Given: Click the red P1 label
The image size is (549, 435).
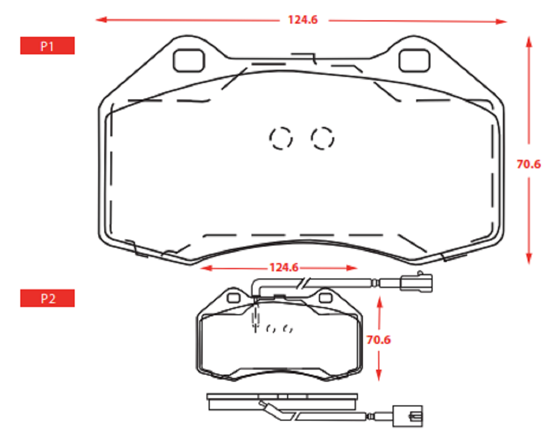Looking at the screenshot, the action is (x=47, y=46).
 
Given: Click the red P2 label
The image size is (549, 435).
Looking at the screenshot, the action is (x=47, y=298).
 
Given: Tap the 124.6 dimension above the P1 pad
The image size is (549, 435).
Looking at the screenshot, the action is (x=303, y=20).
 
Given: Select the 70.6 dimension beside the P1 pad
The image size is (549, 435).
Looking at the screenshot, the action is (x=529, y=164).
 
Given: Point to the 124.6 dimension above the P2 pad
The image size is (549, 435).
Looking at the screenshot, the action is (x=284, y=267).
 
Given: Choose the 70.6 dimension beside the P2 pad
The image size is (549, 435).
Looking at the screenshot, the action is (x=378, y=339).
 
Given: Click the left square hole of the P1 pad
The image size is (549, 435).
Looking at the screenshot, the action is (x=189, y=60).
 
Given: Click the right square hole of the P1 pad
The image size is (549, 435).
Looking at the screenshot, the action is (x=414, y=60).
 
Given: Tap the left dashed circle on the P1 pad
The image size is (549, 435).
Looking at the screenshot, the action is (x=281, y=138).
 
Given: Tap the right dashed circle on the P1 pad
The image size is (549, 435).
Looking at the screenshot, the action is (x=322, y=138).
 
